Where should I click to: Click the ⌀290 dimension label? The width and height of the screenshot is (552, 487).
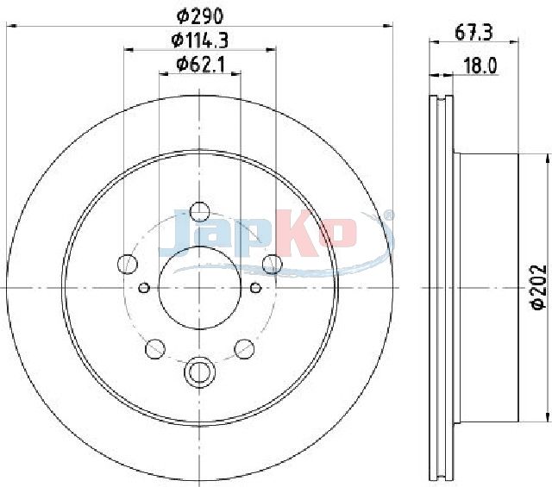(x=200, y=16)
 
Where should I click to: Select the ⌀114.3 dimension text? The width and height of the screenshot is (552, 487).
(x=199, y=41)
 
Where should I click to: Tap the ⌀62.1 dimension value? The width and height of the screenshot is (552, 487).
(x=200, y=65)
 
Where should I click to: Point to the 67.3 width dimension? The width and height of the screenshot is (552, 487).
(x=474, y=33)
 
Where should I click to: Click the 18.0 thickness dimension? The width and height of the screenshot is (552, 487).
(x=480, y=66)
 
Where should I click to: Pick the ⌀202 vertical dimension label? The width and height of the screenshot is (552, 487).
(x=538, y=288)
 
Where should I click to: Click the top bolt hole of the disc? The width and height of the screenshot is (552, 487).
(x=199, y=212)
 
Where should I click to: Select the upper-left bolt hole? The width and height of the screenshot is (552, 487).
(x=127, y=264)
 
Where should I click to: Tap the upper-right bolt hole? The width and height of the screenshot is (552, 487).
(x=273, y=264)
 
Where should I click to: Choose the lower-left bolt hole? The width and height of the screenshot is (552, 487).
(x=155, y=349)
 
